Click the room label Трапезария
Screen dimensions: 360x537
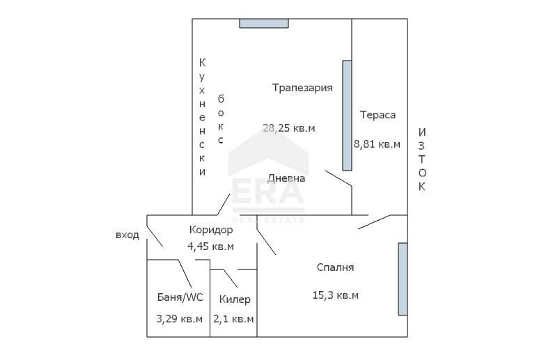coord(302,88)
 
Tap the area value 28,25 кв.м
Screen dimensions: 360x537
coord(288,127)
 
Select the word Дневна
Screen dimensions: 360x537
coord(286,178)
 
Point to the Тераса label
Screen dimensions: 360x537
coord(378,115)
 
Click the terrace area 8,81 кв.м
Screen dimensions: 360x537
coord(377,144)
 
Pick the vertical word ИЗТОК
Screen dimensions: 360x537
coord(422,159)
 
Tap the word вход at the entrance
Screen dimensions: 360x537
coord(127,235)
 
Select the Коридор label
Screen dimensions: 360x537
coord(210,230)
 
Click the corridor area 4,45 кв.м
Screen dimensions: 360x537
coord(210,246)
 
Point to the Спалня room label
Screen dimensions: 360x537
coord(335,267)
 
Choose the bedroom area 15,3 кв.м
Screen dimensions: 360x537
coord(335,295)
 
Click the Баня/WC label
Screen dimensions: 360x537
coord(180,297)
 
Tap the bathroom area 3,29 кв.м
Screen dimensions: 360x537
coord(180,319)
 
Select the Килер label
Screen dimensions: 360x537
coord(234,299)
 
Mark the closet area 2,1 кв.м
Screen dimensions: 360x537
coord(234,319)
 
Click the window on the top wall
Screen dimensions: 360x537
coord(264,23)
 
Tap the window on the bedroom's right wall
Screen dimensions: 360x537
coord(403,279)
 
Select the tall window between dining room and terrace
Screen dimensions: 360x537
coord(347,115)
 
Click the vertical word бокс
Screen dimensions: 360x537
coord(221,119)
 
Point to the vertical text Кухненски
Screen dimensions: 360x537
coord(202,116)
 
